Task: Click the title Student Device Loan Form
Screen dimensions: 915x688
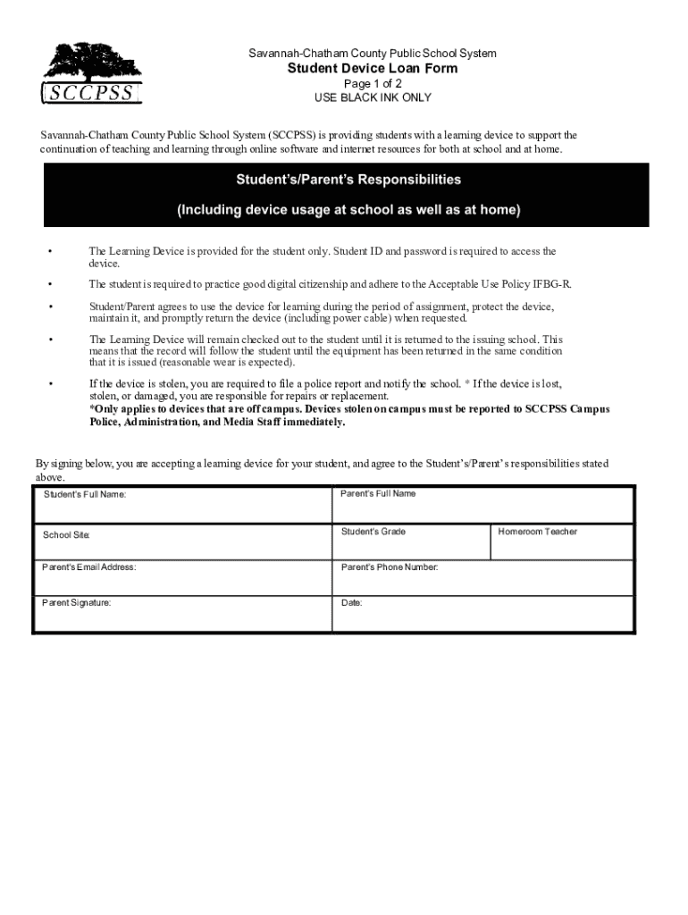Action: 372,69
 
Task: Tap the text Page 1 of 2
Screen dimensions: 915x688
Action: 373,84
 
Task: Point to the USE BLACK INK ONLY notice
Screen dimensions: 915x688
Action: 373,97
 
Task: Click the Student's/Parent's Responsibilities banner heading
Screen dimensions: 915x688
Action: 348,180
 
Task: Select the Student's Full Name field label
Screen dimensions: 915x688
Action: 85,494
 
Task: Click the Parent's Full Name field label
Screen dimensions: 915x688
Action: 378,493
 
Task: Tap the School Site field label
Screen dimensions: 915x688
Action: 67,535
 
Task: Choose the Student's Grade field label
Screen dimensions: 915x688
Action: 373,532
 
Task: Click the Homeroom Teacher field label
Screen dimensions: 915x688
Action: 538,532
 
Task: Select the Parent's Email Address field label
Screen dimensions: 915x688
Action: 89,567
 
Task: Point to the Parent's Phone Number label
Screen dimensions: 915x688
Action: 390,567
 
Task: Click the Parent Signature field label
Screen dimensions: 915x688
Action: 77,603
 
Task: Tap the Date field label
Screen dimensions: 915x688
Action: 352,603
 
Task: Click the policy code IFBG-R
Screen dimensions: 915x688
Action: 551,284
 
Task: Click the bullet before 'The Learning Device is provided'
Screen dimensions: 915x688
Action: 51,252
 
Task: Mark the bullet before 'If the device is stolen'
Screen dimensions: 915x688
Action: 51,384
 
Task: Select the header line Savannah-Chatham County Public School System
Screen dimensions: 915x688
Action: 373,54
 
